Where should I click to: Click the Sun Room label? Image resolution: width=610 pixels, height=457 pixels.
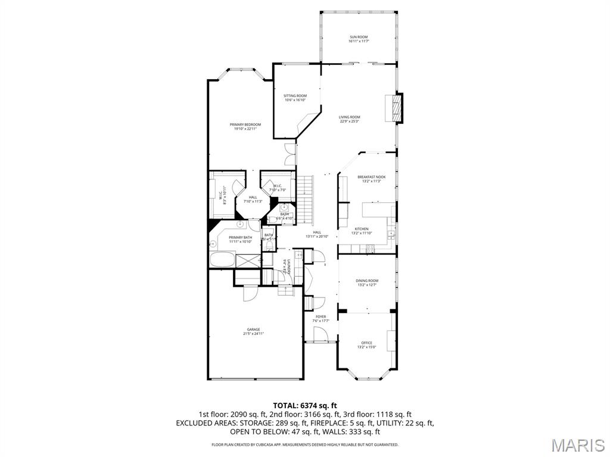(x=359, y=37)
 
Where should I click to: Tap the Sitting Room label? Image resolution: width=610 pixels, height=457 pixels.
(x=295, y=96)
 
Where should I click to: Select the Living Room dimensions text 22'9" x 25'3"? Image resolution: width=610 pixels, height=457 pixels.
(x=350, y=122)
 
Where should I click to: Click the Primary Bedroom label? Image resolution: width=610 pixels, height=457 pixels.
(x=245, y=124)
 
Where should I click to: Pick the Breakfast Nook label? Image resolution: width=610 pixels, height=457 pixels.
(x=371, y=177)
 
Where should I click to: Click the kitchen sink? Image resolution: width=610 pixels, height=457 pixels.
(x=391, y=234)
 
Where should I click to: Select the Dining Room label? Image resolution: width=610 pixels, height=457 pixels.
(x=367, y=280)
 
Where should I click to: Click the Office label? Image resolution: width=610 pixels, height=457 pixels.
(x=366, y=343)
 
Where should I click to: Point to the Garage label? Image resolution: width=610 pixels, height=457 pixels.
(x=254, y=329)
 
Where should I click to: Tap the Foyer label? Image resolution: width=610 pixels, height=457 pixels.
(x=321, y=317)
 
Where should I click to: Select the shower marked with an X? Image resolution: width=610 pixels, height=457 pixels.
(x=247, y=260)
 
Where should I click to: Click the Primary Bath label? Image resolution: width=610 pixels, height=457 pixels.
(x=241, y=237)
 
